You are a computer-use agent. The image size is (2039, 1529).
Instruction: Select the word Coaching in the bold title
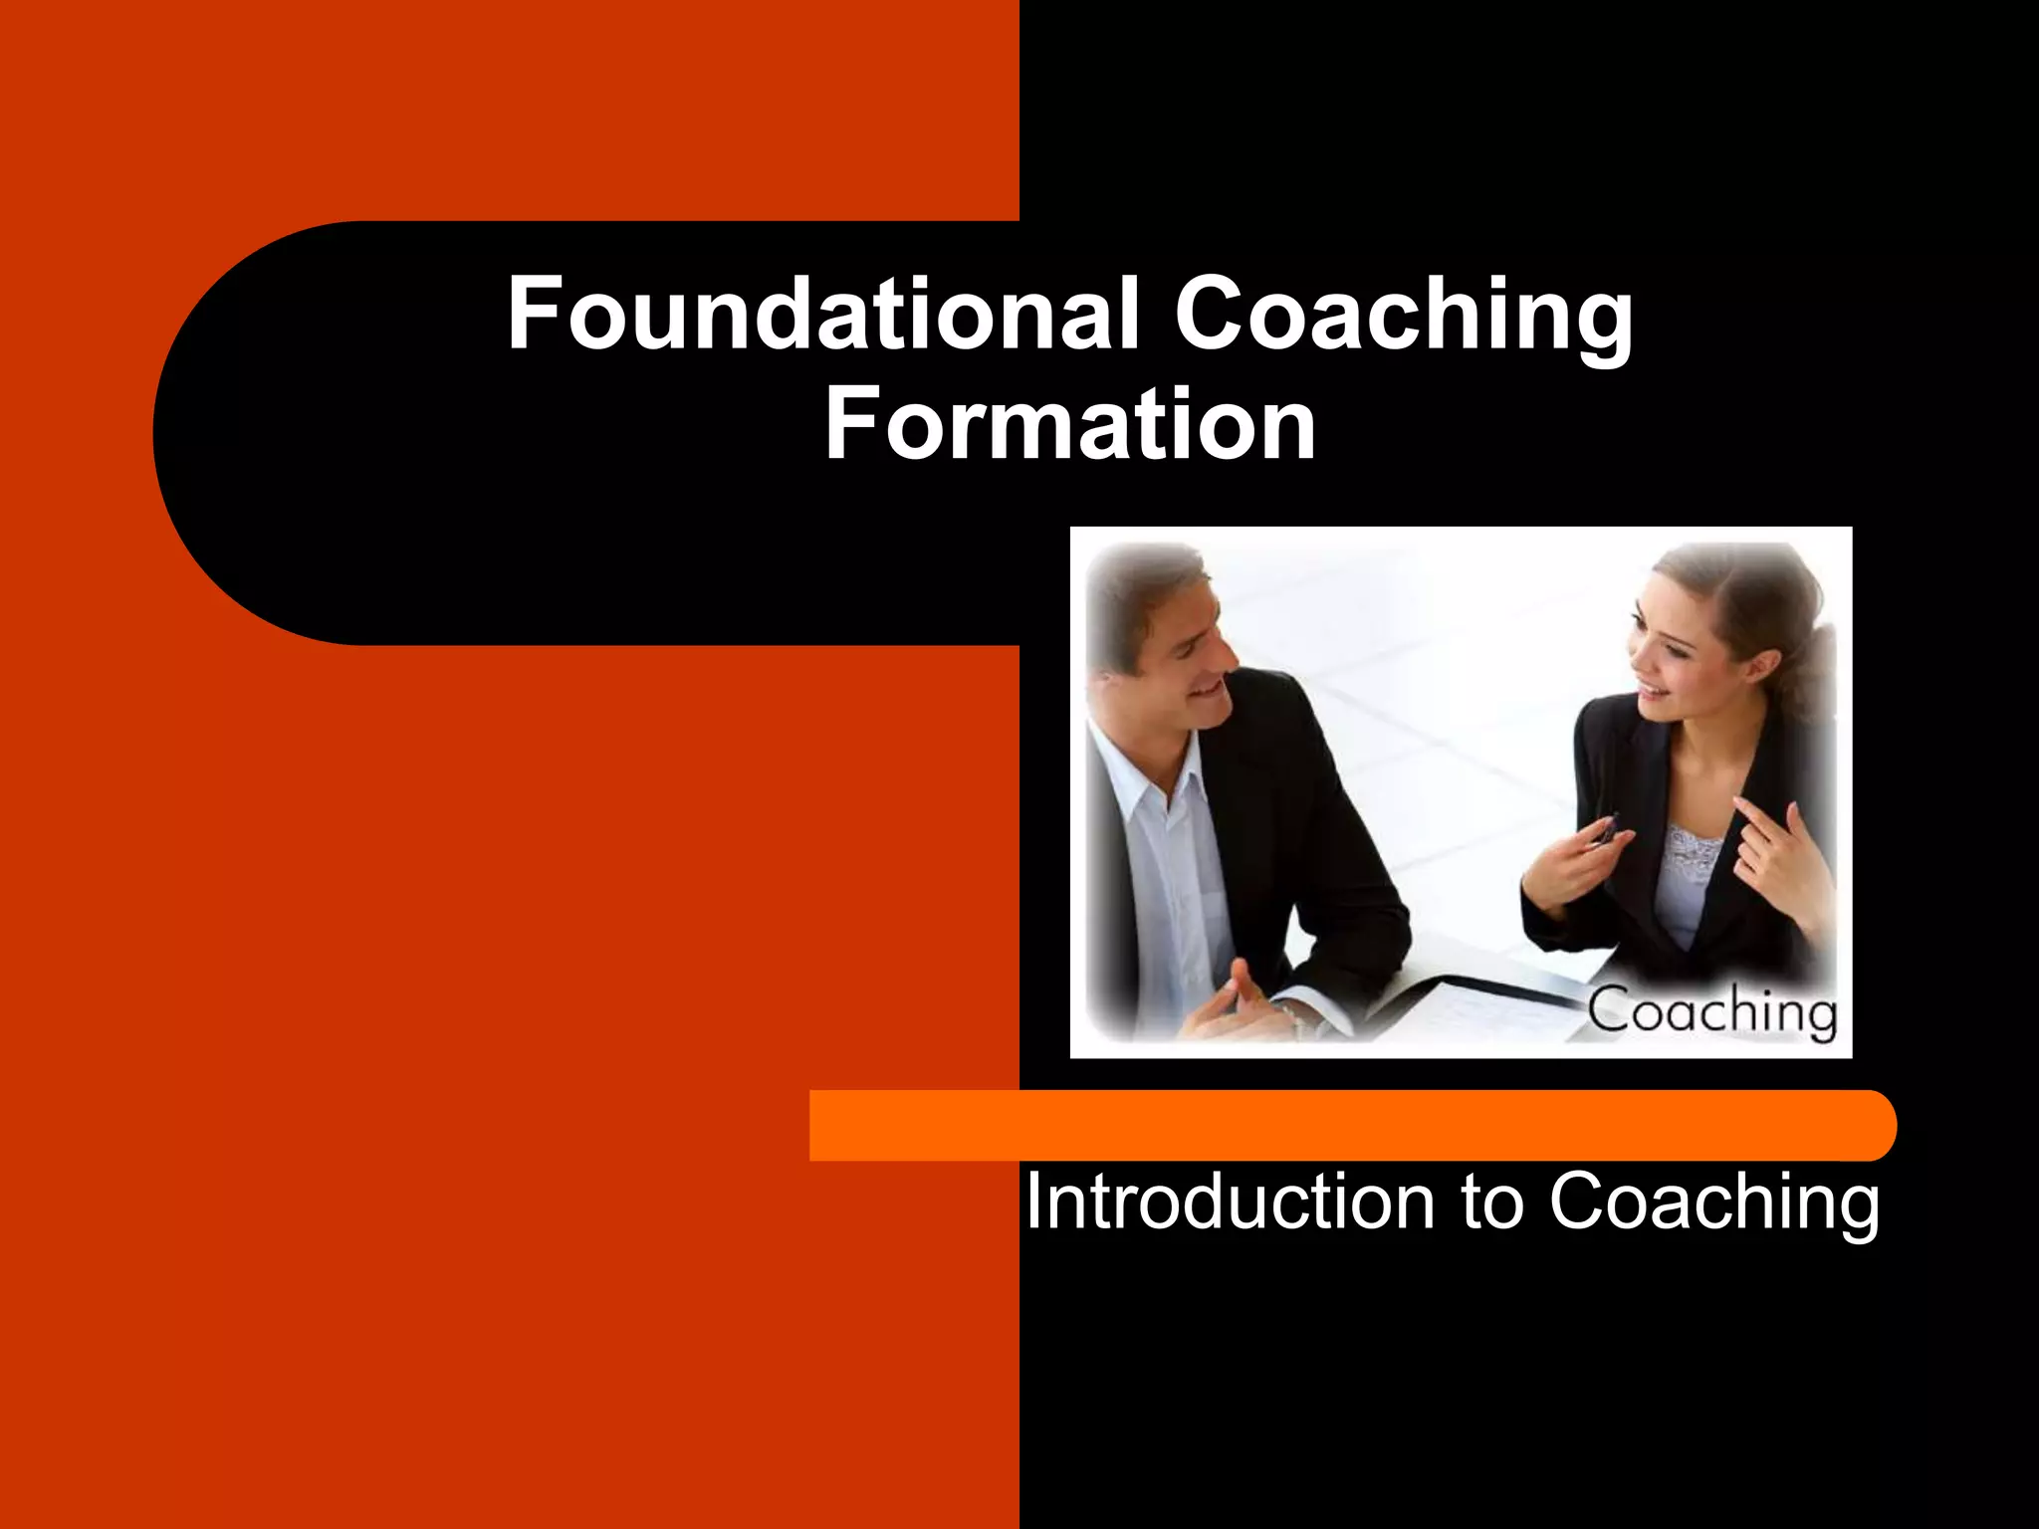(1404, 317)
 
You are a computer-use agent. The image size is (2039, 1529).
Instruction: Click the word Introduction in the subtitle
(1230, 1201)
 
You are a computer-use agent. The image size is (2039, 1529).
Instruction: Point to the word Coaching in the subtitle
(1713, 1203)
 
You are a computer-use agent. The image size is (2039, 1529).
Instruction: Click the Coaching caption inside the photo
(1711, 1011)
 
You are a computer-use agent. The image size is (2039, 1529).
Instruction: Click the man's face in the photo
(1190, 662)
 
